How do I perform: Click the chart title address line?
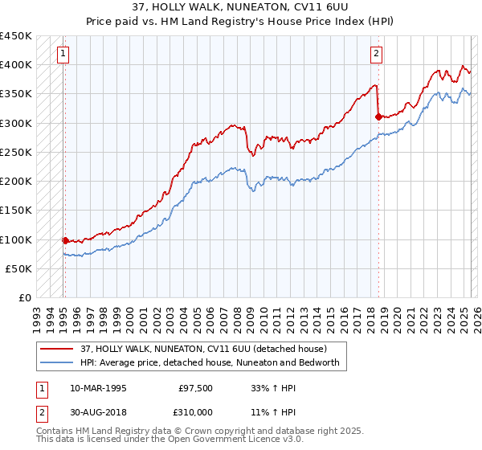241,7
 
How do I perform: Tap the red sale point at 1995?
65,239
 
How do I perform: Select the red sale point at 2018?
378,117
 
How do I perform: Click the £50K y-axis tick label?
19,268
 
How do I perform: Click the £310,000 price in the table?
194,411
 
